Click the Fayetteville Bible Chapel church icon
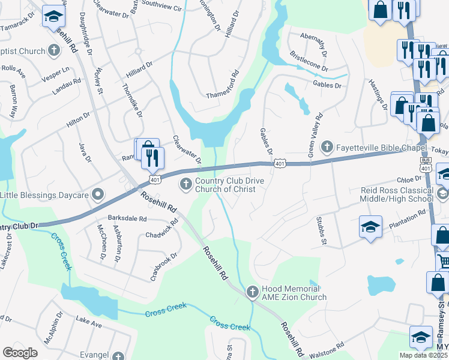[x=327, y=146]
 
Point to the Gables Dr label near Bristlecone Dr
[x=327, y=86]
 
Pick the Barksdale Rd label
[x=127, y=218]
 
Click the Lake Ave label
[x=89, y=323]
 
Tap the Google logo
[x=20, y=352]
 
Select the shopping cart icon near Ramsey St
[x=444, y=261]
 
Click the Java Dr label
[x=85, y=152]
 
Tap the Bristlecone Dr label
[x=309, y=65]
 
